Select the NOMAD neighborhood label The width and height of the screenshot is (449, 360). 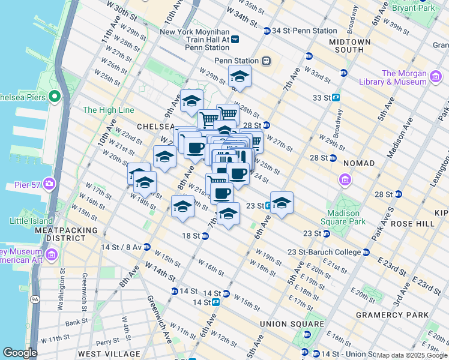tap(359, 163)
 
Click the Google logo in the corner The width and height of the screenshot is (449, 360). tap(20, 353)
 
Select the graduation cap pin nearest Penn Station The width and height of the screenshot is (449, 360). tap(240, 77)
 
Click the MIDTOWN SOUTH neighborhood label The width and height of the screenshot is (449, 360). tap(350, 46)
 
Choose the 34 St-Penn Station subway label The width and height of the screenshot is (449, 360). tap(304, 31)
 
